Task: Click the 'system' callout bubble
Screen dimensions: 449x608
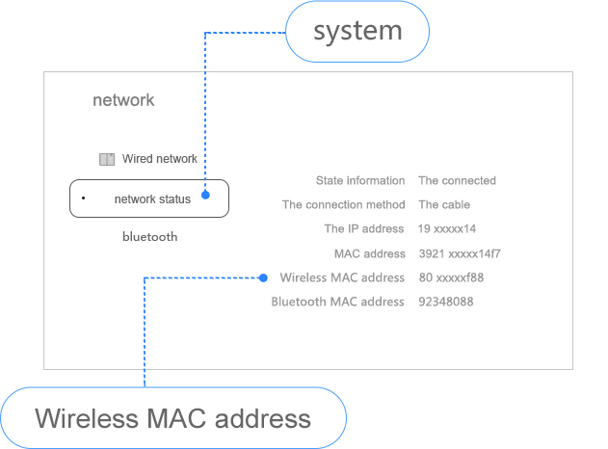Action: (x=357, y=31)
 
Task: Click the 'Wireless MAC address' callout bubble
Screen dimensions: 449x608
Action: (x=173, y=419)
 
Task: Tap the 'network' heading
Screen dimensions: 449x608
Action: (x=123, y=100)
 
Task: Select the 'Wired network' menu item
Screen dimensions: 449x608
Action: (x=159, y=159)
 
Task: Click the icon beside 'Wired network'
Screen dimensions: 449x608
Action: (x=108, y=159)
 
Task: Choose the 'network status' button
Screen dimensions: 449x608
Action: (x=149, y=198)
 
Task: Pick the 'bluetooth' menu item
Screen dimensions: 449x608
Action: (x=149, y=236)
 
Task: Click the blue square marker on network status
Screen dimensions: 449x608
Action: (x=205, y=196)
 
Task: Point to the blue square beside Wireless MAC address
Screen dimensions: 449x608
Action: (x=263, y=277)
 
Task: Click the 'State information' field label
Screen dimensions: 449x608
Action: (x=360, y=181)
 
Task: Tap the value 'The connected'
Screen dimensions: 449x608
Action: (x=457, y=181)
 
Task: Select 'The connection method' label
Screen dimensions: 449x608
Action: (x=343, y=205)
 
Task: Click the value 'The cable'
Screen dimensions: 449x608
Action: (x=443, y=205)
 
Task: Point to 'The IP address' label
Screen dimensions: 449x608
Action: (x=363, y=229)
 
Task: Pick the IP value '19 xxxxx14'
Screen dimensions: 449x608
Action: (x=447, y=229)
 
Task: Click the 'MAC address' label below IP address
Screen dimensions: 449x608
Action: (x=369, y=254)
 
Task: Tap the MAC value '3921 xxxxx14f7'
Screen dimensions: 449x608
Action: (x=460, y=254)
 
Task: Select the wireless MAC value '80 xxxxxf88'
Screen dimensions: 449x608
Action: (x=451, y=278)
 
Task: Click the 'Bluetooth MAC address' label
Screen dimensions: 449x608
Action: (x=337, y=303)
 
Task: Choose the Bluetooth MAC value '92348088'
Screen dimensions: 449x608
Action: (x=445, y=303)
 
